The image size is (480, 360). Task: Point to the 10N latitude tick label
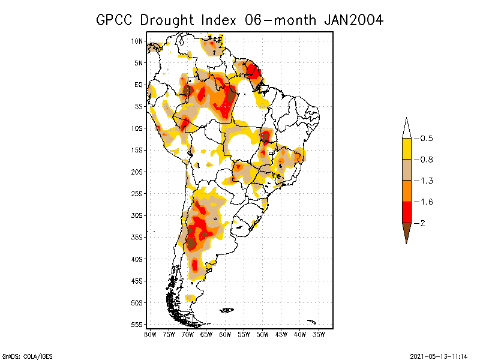click(137, 41)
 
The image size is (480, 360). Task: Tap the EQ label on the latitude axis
click(139, 85)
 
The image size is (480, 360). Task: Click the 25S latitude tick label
click(137, 193)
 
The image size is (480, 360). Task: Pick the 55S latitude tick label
click(137, 324)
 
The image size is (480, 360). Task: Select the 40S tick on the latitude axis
click(137, 259)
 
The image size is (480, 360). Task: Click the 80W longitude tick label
click(150, 334)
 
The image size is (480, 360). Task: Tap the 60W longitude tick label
click(226, 334)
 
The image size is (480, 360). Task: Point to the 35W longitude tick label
click(319, 334)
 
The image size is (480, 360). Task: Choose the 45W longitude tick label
click(281, 334)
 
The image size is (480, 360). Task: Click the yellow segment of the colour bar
click(406, 149)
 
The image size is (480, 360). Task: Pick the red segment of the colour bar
click(406, 212)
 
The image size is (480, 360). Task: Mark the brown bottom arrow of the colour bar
click(406, 231)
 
